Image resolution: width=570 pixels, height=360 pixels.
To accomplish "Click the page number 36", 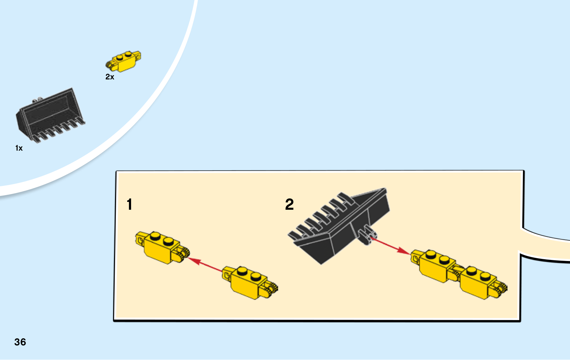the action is pyautogui.click(x=20, y=342).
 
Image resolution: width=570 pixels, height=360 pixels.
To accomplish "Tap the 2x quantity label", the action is pyautogui.click(x=110, y=77).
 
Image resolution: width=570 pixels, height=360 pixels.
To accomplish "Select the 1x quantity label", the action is pyautogui.click(x=19, y=148).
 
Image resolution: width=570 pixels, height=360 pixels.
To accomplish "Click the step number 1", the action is pyautogui.click(x=130, y=204).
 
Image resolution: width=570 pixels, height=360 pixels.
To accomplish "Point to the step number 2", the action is pyautogui.click(x=289, y=204).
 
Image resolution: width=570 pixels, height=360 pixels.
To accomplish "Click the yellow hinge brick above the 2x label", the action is pyautogui.click(x=123, y=61).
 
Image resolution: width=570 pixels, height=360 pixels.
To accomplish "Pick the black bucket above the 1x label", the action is pyautogui.click(x=50, y=116).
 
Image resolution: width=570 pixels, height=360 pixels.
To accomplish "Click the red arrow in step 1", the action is pyautogui.click(x=205, y=265).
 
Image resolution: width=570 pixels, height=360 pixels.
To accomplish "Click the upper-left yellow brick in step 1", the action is pyautogui.click(x=162, y=247).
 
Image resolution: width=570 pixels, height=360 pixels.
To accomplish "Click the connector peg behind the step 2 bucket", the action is pyautogui.click(x=367, y=235).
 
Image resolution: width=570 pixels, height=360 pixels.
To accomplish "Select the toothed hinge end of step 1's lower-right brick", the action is pyautogui.click(x=272, y=289).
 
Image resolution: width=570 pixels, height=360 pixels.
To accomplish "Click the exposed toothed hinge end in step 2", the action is pyautogui.click(x=501, y=289).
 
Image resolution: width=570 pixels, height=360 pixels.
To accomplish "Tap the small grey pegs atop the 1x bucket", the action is pyautogui.click(x=38, y=99).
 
